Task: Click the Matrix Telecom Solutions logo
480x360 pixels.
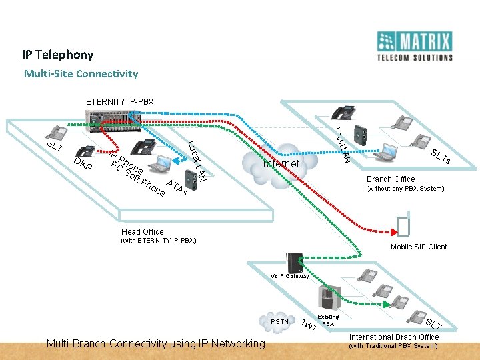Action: (x=415, y=46)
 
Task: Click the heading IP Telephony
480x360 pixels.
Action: (x=57, y=54)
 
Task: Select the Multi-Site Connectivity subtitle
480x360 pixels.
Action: (x=81, y=73)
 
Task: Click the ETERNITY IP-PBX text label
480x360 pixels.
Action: (x=119, y=101)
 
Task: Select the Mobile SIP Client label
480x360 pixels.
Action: (x=419, y=247)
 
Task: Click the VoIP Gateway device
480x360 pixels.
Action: (x=294, y=263)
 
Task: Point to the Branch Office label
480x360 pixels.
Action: (x=390, y=179)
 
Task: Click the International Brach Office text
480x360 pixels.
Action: (x=395, y=337)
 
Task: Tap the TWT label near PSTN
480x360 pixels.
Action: (x=307, y=326)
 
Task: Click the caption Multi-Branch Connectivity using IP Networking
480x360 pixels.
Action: (x=154, y=344)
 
